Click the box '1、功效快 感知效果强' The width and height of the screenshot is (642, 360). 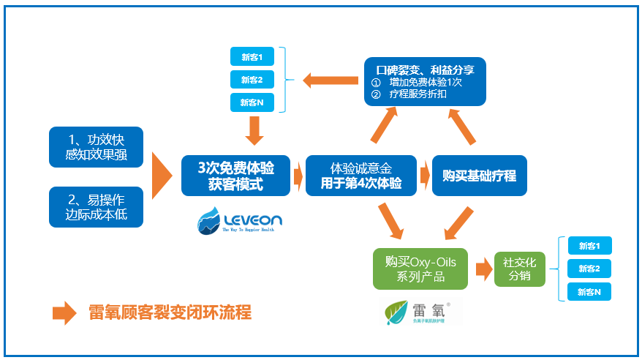(95, 146)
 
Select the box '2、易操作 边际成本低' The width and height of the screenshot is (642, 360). (95, 206)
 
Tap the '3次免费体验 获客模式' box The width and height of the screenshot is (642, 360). (235, 176)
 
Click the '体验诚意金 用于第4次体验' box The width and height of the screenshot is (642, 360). (361, 176)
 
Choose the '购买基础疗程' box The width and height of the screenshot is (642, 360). (480, 176)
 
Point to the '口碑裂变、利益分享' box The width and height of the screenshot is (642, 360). (425, 81)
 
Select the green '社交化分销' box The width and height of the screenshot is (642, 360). (520, 269)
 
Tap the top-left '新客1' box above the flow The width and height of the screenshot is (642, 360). (252, 56)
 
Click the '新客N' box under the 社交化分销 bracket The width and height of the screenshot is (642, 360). (589, 292)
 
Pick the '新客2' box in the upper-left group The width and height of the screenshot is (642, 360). (252, 79)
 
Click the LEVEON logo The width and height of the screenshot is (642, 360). (239, 220)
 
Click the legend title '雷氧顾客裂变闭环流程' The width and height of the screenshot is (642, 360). (169, 312)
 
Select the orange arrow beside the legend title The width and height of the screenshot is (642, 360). (64, 312)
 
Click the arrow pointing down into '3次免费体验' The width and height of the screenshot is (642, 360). (254, 131)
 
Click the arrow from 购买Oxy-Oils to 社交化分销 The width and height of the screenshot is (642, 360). (483, 269)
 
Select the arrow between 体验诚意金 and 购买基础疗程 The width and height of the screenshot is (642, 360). (424, 176)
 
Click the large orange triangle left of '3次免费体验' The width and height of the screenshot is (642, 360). (162, 176)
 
